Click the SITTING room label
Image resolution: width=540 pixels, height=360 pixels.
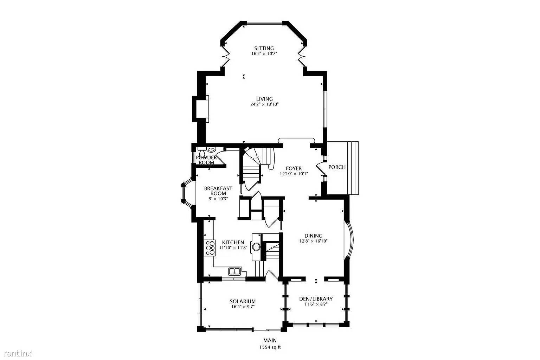(x=264, y=48)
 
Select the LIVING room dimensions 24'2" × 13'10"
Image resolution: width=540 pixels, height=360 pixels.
(x=264, y=104)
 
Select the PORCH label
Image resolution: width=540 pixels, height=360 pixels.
(x=337, y=167)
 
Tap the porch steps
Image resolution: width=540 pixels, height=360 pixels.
(x=353, y=168)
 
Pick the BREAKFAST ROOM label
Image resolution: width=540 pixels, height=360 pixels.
(x=218, y=191)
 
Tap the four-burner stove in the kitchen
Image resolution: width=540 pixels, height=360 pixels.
(x=210, y=247)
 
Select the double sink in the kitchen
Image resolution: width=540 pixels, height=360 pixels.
(x=234, y=271)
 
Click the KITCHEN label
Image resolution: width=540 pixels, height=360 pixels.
(x=233, y=242)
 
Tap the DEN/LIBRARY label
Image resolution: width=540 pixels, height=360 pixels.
(x=316, y=299)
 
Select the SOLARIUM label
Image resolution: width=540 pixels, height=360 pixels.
(x=243, y=301)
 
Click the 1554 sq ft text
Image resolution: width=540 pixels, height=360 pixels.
(x=270, y=347)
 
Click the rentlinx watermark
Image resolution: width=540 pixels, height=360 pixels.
(x=16, y=353)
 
